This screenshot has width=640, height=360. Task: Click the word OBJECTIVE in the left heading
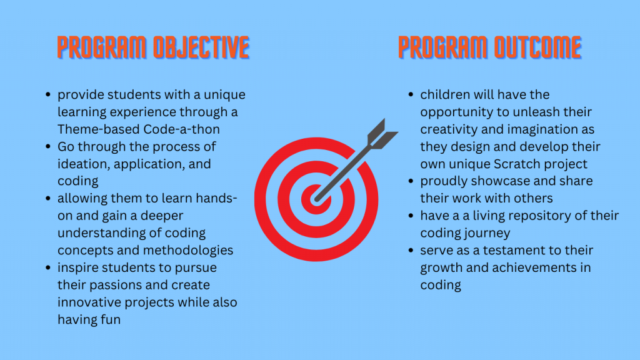point(201,47)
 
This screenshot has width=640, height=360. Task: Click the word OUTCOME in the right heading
point(538,47)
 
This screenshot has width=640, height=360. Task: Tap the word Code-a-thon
point(182,129)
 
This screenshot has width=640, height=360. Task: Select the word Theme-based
point(99,129)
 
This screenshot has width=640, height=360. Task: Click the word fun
point(111,319)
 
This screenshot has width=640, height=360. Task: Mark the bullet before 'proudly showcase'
point(411,181)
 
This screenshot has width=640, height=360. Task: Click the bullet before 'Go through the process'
point(48,146)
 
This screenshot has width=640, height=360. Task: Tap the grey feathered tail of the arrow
point(382,134)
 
